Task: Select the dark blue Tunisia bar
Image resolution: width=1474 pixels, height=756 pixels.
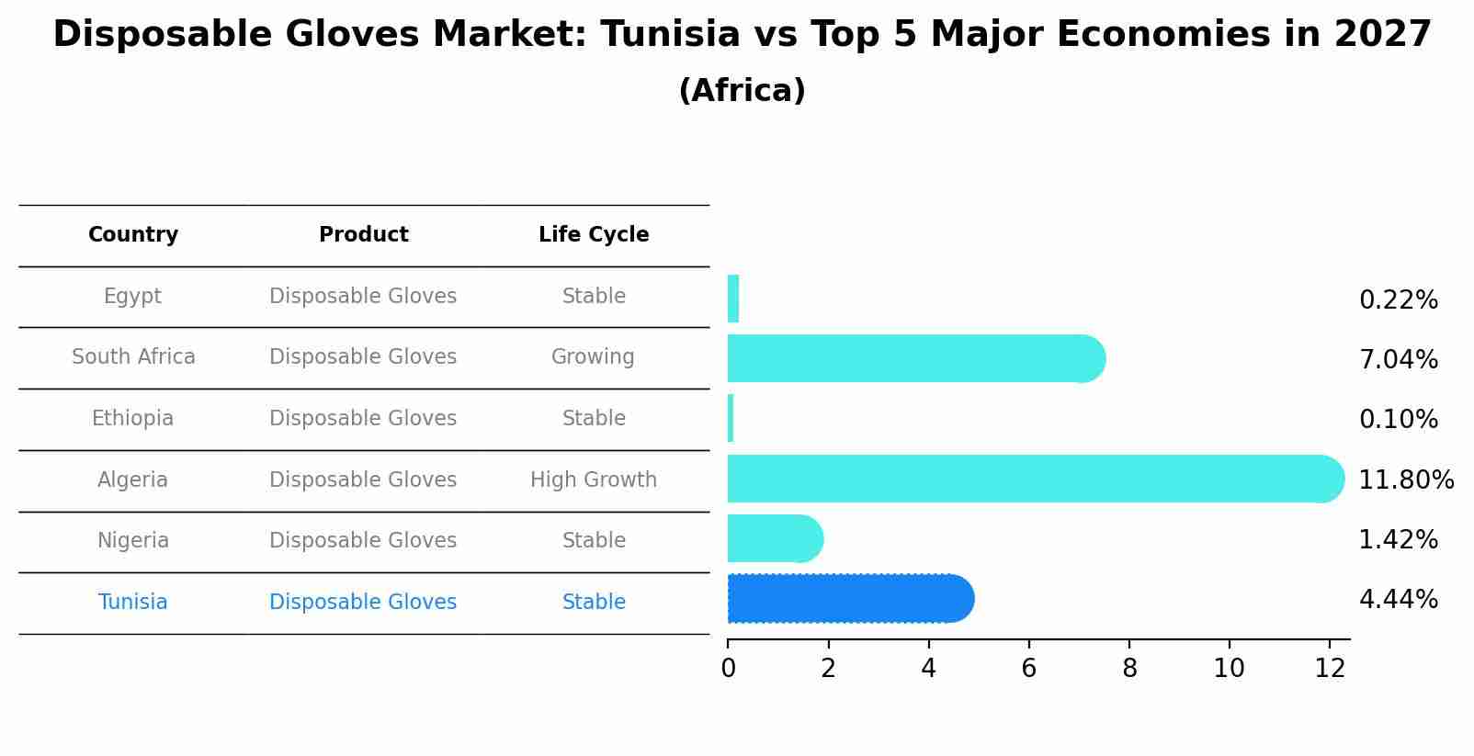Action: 845,599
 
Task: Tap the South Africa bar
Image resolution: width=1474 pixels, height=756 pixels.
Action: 910,358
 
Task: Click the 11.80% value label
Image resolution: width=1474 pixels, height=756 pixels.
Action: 1405,480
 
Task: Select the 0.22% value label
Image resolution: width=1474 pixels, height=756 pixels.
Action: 1398,300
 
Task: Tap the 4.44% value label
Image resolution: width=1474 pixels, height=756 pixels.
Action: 1398,600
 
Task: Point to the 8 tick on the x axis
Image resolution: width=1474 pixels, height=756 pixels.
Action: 1129,669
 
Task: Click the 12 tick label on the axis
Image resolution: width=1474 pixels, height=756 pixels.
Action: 1330,669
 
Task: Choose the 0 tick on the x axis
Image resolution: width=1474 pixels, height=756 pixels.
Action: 728,669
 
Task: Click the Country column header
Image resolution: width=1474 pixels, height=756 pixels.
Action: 133,235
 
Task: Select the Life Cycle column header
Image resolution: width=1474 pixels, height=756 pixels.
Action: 594,235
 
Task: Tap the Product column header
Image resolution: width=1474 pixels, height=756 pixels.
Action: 363,235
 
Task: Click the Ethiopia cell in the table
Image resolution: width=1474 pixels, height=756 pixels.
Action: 132,419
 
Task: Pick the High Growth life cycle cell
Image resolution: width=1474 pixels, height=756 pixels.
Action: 594,480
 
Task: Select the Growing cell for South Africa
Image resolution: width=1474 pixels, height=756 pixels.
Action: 593,357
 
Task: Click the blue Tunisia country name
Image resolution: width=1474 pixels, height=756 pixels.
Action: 132,603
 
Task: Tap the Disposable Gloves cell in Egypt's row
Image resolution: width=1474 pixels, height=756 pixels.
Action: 363,297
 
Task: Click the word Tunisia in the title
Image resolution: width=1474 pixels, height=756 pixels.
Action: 670,35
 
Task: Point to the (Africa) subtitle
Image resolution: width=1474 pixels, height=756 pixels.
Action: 742,91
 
